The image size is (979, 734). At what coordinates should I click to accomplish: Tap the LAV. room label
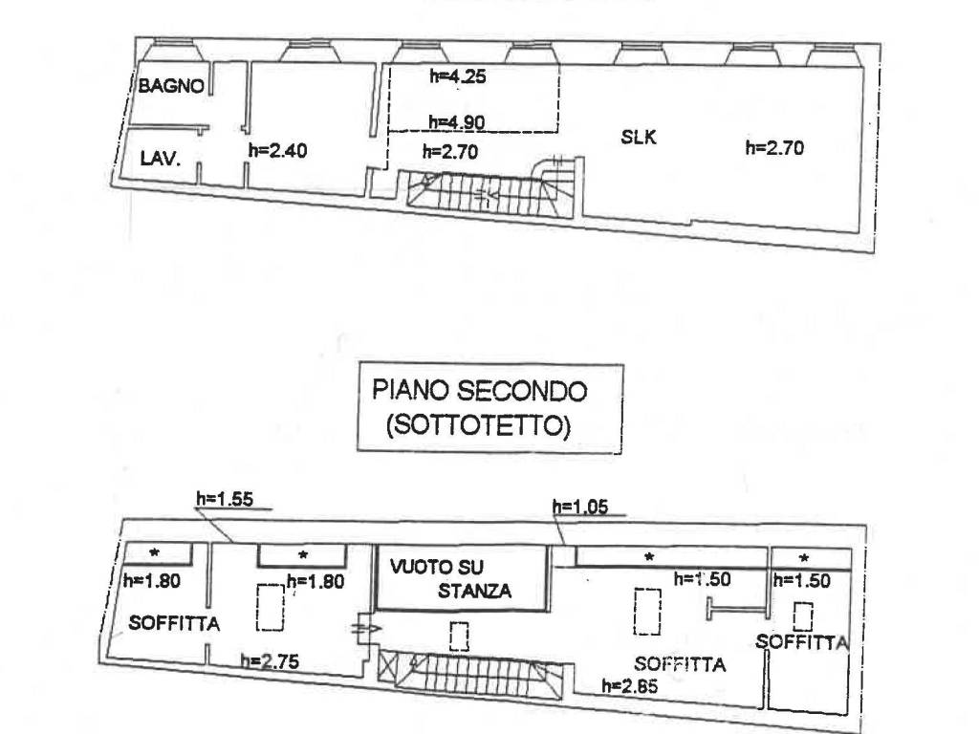click(160, 159)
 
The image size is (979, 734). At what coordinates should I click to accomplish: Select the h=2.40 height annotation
click(277, 149)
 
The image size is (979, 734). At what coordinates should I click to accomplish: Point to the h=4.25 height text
click(458, 78)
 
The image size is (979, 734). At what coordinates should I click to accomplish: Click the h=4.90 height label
click(458, 121)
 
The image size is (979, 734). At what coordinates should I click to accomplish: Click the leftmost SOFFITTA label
click(175, 624)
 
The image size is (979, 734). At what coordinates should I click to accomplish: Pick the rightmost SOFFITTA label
click(802, 641)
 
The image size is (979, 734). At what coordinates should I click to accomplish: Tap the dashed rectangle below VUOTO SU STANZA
click(460, 636)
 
